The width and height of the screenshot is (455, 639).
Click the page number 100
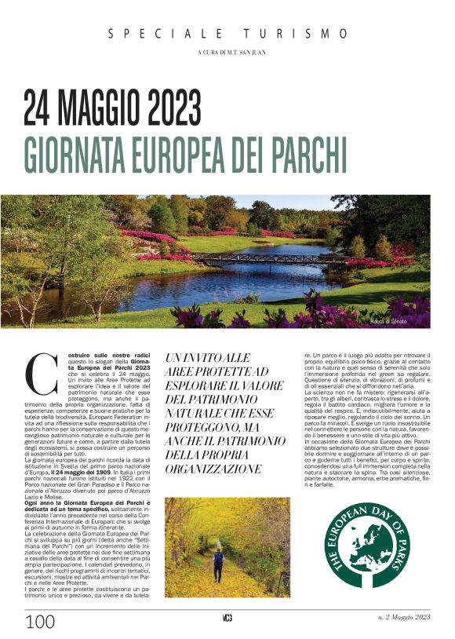(40, 623)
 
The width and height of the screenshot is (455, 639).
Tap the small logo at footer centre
(227, 619)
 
